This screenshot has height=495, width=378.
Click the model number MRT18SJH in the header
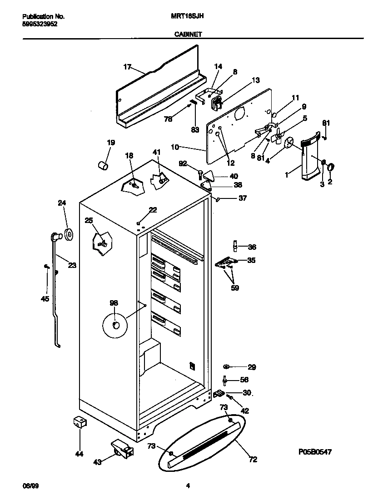coord(187,16)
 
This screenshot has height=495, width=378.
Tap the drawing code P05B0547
coord(315,452)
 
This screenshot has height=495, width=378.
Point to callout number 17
coord(127,67)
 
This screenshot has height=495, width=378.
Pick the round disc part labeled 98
coord(115,325)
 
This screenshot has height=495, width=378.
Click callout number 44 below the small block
coord(80,453)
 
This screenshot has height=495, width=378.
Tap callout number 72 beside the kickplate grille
coord(253,460)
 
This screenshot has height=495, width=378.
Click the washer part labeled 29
coord(227,366)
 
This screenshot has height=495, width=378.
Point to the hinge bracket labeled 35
coord(226,262)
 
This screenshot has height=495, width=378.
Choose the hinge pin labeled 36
coord(235,246)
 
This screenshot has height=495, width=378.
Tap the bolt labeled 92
coord(200,173)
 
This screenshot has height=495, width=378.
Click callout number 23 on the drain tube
coord(72,266)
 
